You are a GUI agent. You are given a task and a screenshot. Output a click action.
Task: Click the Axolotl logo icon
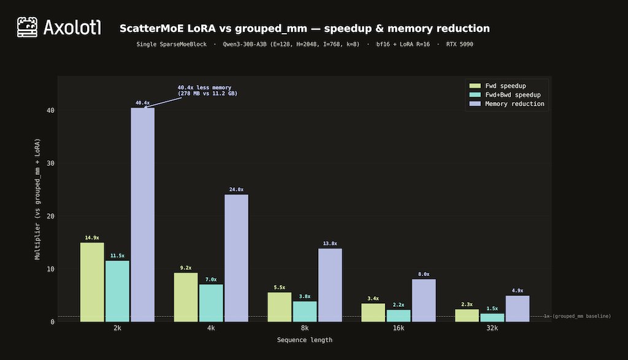(28, 28)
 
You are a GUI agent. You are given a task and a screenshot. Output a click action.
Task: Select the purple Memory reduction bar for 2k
(142, 215)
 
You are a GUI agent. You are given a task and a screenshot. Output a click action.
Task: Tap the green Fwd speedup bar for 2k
(92, 282)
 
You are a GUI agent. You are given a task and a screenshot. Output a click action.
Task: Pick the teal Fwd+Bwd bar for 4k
(211, 303)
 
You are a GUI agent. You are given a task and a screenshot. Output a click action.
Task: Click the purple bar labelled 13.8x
(330, 285)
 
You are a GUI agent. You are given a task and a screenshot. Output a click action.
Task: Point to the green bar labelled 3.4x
(373, 312)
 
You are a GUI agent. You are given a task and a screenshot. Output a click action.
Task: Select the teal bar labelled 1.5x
(492, 318)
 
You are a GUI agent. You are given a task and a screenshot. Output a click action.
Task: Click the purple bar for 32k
(517, 308)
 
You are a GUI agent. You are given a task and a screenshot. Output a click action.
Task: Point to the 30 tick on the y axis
(50, 163)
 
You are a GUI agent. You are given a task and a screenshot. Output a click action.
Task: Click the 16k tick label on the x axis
(398, 328)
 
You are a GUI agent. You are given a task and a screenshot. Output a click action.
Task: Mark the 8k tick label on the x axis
(305, 328)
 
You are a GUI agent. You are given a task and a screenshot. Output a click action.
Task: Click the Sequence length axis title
(305, 340)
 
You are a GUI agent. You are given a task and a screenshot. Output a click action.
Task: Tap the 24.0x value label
(236, 190)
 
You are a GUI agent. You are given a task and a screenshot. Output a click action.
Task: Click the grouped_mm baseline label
(580, 316)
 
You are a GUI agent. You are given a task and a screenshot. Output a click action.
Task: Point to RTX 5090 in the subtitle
(459, 45)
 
